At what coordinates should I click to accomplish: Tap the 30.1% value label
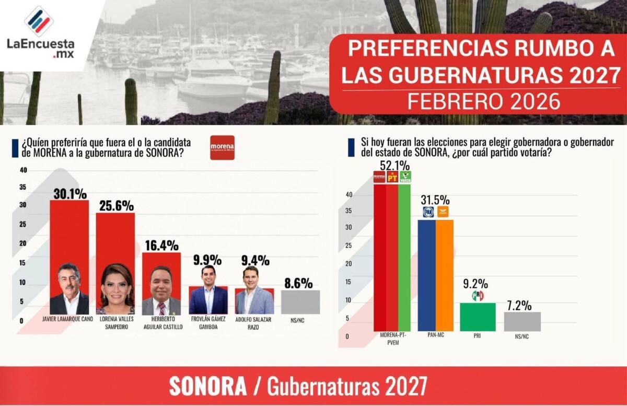tap(69, 194)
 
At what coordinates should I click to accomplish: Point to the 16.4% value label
tap(161, 245)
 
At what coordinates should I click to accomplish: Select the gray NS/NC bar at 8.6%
tap(300, 302)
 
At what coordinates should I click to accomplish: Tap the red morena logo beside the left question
tap(222, 148)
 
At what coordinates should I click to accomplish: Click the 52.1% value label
tap(392, 166)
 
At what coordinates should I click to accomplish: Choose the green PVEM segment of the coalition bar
tap(405, 256)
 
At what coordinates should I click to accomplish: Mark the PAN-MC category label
tap(435, 336)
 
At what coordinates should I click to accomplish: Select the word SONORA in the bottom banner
tap(208, 387)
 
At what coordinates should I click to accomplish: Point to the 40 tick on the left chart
tap(22, 170)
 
